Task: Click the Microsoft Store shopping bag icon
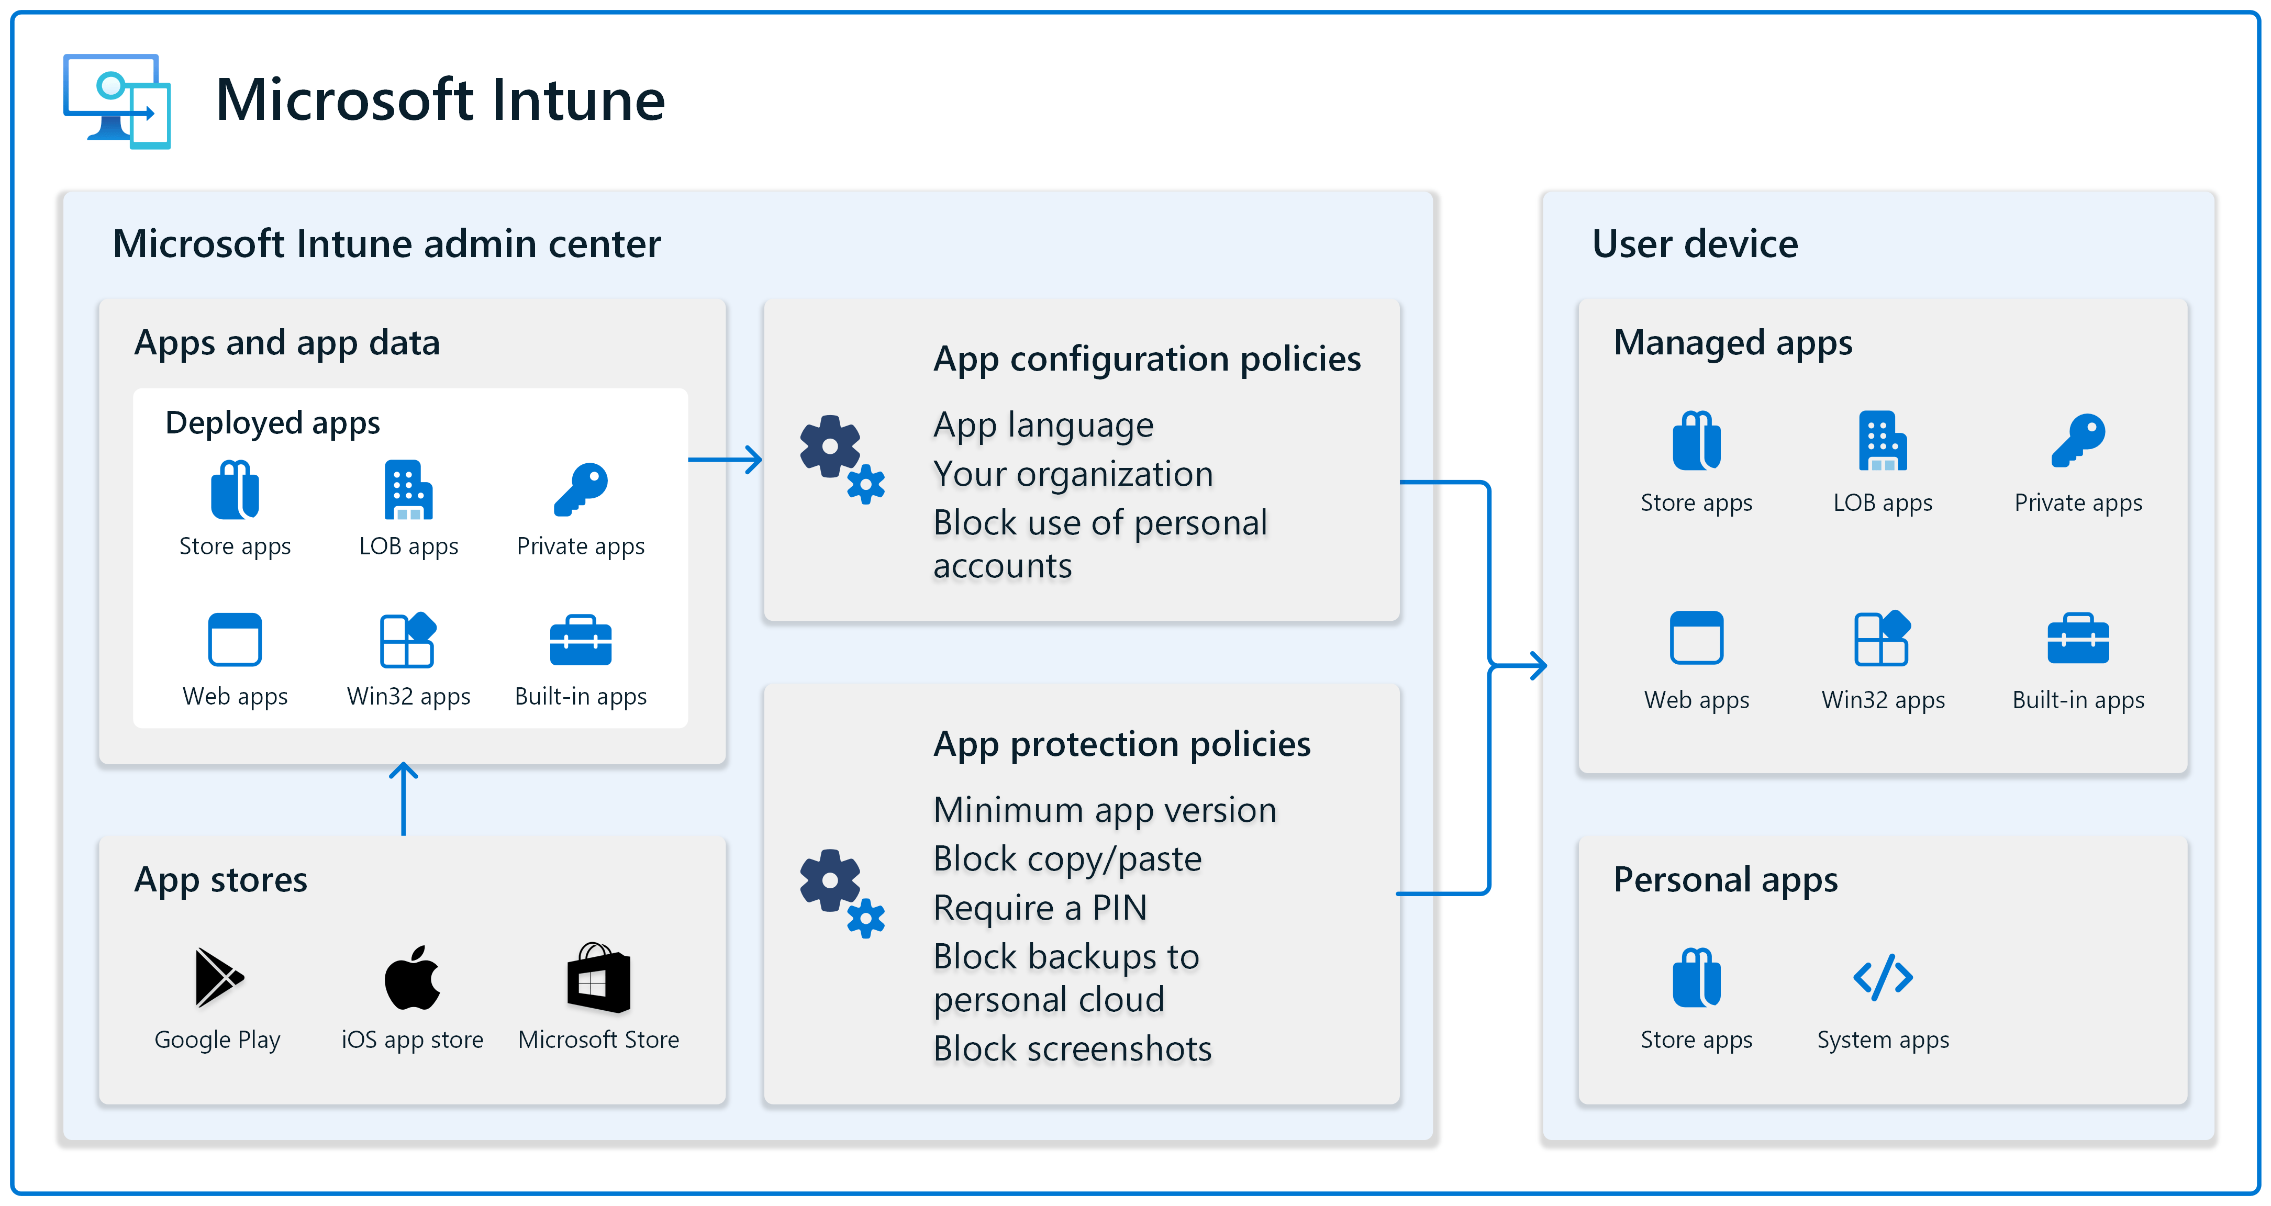click(598, 978)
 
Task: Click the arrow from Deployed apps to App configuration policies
click(725, 459)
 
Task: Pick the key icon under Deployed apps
click(581, 489)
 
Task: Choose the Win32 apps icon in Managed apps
click(1882, 638)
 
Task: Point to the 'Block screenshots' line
click(1072, 1049)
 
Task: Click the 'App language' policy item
click(1043, 426)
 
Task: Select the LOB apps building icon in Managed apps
click(1882, 441)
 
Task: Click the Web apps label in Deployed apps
click(236, 697)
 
